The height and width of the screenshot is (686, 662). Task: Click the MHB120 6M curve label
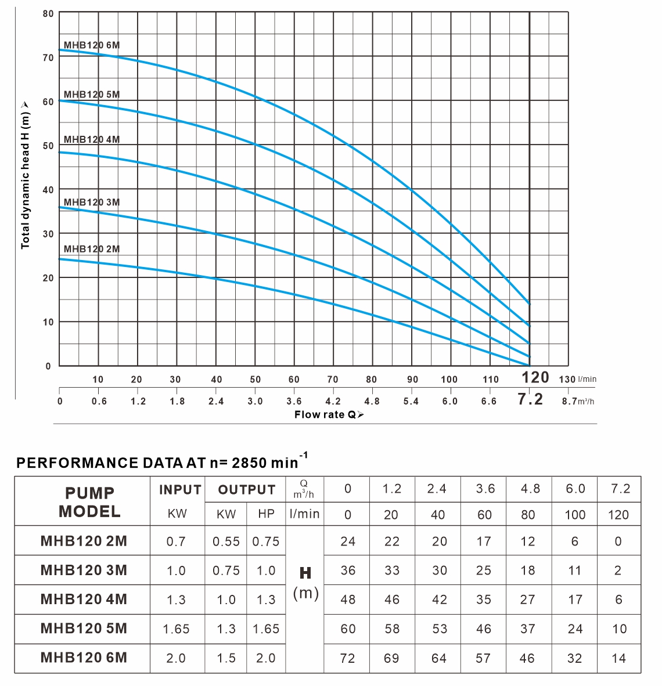pos(92,45)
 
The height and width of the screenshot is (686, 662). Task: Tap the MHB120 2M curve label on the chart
pos(92,249)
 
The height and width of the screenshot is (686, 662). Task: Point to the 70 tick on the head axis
pos(48,57)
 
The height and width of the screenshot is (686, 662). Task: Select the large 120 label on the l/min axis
pos(535,377)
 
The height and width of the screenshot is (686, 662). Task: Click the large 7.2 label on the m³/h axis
pos(530,399)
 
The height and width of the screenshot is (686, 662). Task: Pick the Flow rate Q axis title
pos(329,414)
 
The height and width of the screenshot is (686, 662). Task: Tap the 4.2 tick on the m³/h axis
pos(333,401)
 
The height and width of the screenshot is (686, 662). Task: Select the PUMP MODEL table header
pos(89,502)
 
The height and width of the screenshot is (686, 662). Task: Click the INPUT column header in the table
pos(180,490)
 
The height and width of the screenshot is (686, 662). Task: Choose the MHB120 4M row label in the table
pos(84,599)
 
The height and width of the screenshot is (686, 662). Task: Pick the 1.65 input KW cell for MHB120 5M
pos(176,629)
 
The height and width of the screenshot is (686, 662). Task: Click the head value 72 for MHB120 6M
pos(347,658)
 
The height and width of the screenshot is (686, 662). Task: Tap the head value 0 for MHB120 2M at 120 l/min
pos(618,541)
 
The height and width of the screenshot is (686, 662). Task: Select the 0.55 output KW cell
pos(226,541)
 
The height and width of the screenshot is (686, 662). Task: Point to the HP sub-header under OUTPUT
pos(266,514)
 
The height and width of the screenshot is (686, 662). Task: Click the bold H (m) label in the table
pos(306,583)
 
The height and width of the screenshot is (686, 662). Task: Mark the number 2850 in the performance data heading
pos(254,463)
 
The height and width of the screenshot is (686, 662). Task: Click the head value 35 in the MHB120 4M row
pos(484,599)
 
